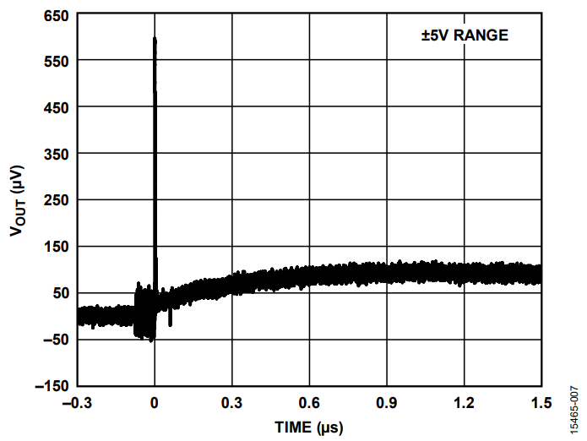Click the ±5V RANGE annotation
tap(465, 35)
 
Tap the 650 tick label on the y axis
tap(57, 15)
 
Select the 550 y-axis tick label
tap(57, 62)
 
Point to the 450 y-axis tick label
tap(57, 108)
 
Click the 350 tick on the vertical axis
tap(57, 155)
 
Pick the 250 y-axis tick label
tap(57, 200)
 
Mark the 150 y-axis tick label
tap(57, 247)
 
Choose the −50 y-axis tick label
tap(54, 340)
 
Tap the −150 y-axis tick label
tap(51, 386)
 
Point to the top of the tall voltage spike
tap(155, 39)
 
